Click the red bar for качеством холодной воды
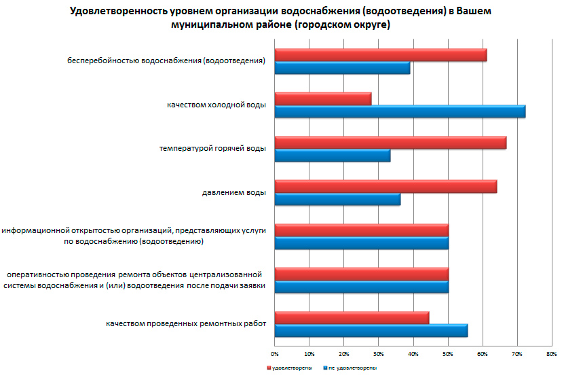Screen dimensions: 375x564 (x=323, y=99)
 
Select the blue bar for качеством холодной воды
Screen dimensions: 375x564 (x=400, y=111)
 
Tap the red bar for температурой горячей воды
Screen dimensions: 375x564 (x=390, y=143)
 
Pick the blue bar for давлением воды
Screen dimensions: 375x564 (x=337, y=199)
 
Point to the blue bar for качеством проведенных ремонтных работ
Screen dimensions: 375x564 (x=371, y=330)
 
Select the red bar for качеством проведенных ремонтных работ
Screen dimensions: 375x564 (x=352, y=317)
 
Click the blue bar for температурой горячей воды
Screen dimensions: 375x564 (x=333, y=156)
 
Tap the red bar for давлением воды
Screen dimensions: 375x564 (x=386, y=186)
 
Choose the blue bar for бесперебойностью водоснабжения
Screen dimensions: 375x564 (x=342, y=68)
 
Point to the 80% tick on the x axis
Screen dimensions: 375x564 (x=551, y=355)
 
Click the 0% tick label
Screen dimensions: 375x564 (x=275, y=355)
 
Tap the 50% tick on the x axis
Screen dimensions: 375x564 (x=448, y=355)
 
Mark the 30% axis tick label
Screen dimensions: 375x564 (x=379, y=355)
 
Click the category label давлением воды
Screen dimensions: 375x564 (x=233, y=193)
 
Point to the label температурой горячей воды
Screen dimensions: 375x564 (x=212, y=149)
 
